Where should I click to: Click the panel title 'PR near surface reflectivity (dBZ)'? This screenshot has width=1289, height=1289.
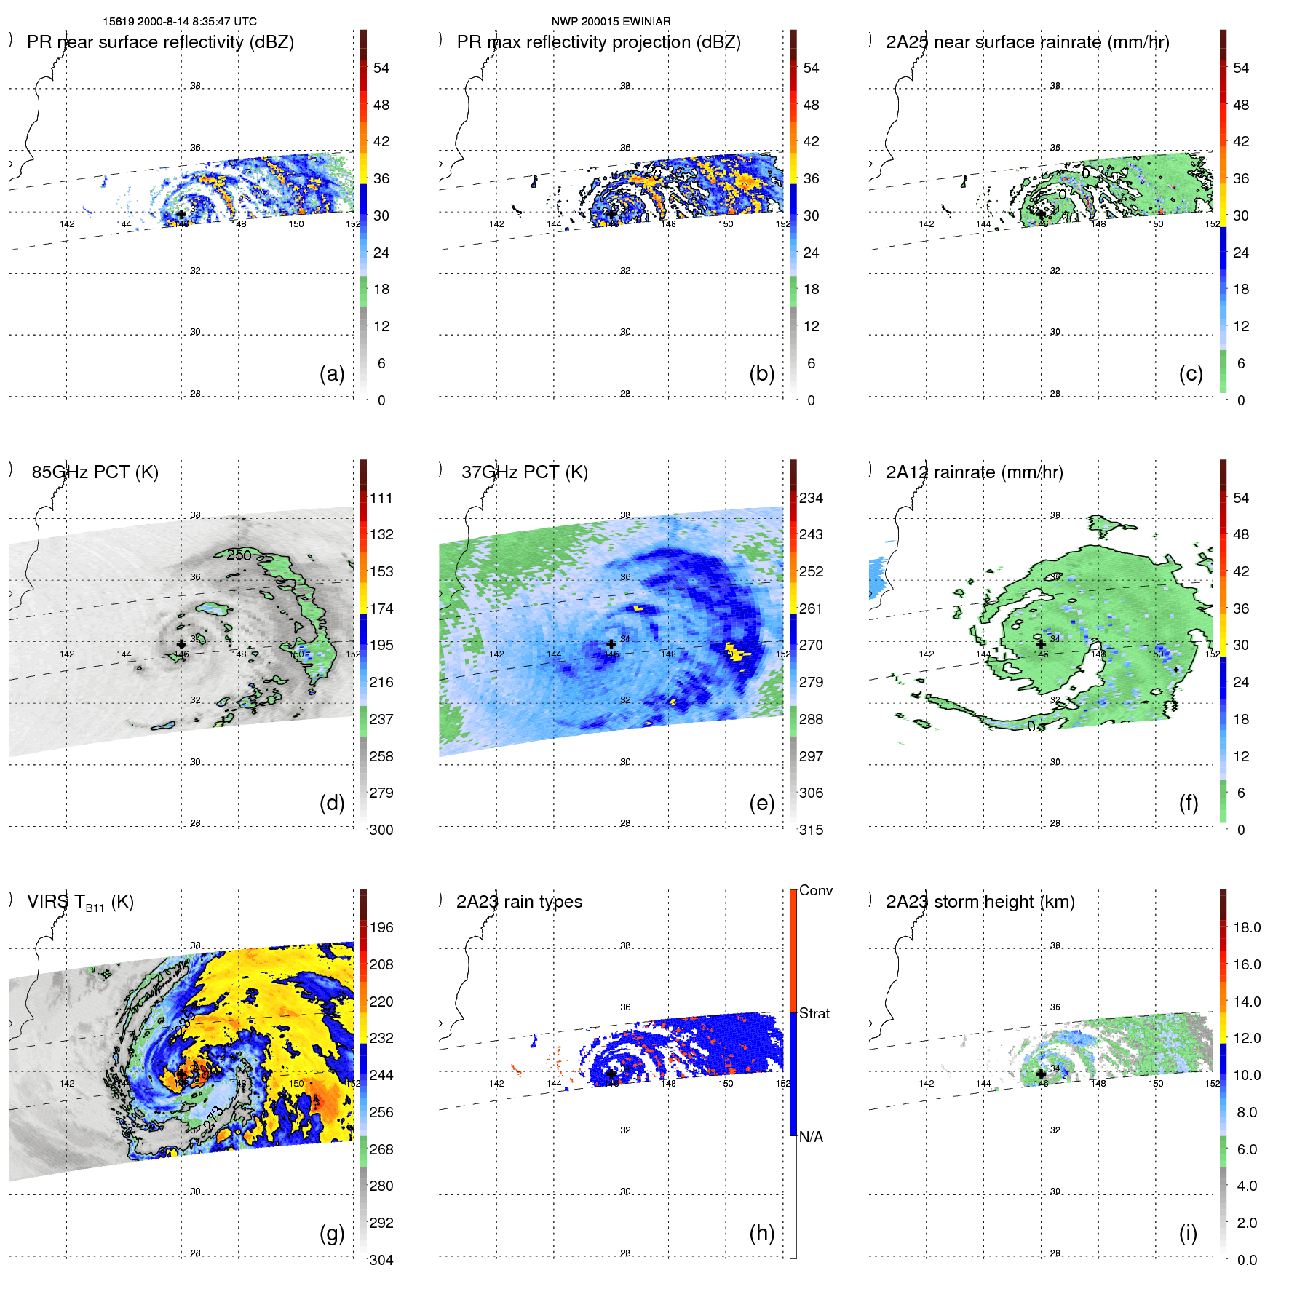160,42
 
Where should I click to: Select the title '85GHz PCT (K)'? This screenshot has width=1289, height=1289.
95,472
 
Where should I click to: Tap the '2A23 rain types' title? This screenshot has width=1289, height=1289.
519,902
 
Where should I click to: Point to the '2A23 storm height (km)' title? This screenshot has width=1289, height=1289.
980,902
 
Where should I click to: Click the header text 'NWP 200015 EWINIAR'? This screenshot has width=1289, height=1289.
611,22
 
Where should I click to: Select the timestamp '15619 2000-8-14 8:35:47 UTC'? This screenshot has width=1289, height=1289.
180,22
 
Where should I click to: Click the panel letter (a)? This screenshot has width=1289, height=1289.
332,373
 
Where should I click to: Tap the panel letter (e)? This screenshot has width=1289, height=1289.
761,803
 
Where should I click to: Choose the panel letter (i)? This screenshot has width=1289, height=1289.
1188,1233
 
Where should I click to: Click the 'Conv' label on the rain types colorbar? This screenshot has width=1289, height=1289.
815,890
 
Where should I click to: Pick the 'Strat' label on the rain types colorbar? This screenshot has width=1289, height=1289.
814,1013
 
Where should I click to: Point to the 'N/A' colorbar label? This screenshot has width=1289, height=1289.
811,1137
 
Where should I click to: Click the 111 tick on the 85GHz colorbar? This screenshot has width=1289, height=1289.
381,498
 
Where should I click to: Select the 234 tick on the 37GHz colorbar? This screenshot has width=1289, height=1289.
811,498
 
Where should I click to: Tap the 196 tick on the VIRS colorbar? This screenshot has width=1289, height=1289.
381,927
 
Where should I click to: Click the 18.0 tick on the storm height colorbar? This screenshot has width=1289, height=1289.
1246,927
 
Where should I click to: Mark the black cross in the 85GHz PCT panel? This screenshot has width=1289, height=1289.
181,644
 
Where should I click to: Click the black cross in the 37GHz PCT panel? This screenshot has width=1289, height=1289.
611,644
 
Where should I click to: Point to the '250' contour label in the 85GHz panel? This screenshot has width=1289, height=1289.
239,555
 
